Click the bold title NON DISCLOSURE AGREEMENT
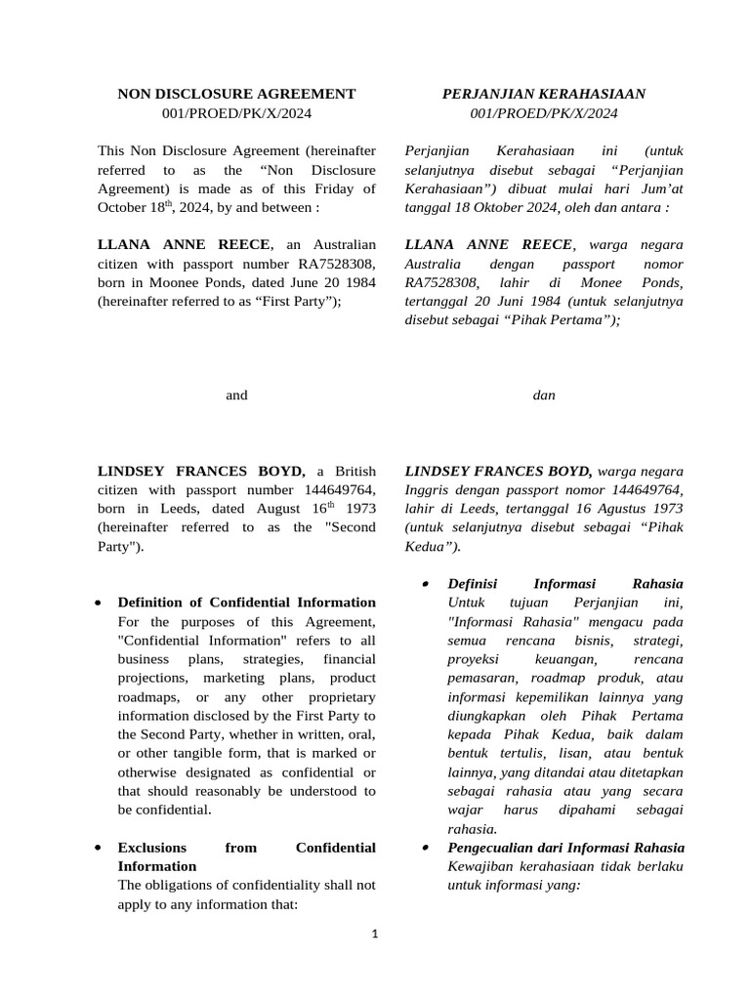(236, 94)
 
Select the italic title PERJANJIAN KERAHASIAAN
(543, 94)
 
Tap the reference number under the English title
(236, 114)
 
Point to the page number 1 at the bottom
(374, 934)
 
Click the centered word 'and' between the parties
(236, 396)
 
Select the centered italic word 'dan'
(544, 396)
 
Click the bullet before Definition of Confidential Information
(100, 604)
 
